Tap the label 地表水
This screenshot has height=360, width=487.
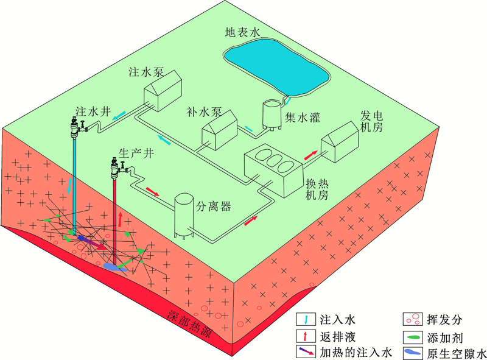(x=242, y=32)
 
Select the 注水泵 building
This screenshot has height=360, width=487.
(x=163, y=91)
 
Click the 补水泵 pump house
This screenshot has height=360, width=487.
(x=220, y=130)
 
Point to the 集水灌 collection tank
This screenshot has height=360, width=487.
(x=272, y=115)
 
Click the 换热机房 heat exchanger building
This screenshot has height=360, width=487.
(x=273, y=171)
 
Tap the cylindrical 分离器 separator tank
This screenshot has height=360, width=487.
(x=184, y=216)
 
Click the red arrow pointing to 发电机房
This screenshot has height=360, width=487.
(x=310, y=155)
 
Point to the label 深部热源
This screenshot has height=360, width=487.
(x=190, y=324)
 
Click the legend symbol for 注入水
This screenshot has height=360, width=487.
(x=306, y=320)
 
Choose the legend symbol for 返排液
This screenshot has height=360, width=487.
(x=306, y=336)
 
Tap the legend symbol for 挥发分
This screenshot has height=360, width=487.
(x=413, y=319)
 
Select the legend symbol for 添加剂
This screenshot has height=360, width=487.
(x=413, y=337)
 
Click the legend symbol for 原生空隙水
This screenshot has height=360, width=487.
(x=413, y=353)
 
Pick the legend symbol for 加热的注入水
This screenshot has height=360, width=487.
(x=306, y=352)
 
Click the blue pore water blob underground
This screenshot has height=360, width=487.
(x=115, y=267)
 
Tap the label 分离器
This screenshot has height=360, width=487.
(x=214, y=206)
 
